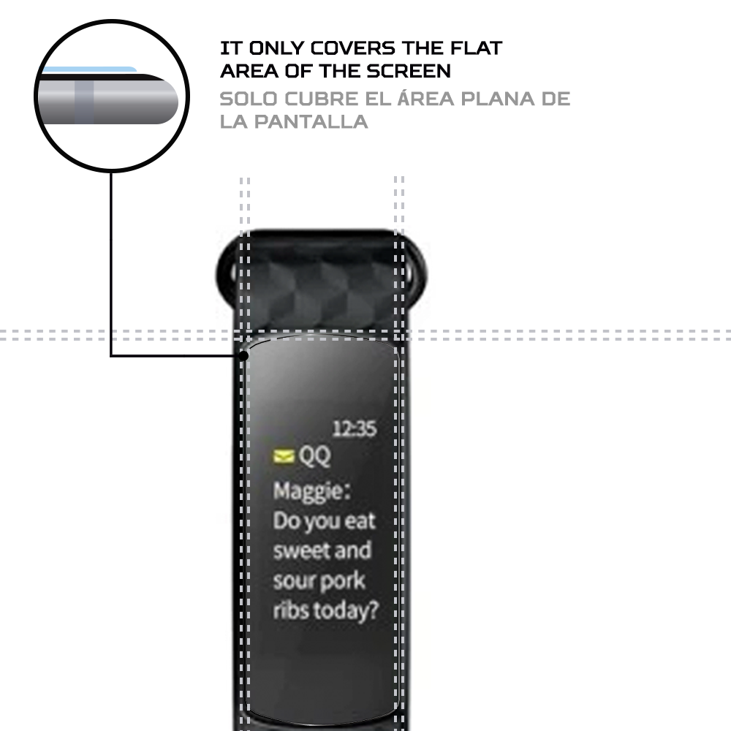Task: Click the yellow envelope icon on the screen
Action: coord(284,456)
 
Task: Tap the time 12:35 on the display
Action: coord(355,428)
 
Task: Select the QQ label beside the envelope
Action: coord(314,456)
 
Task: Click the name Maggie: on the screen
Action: coord(312,492)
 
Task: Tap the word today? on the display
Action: coord(345,611)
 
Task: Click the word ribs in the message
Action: coord(291,610)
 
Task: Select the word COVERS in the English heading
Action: coord(353,48)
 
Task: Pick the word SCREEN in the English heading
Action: coord(409,71)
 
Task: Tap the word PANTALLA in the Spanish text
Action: coord(311,122)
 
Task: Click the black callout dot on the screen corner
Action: coord(243,356)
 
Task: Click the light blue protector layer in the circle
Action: coord(89,69)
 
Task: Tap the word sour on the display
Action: coord(294,581)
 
